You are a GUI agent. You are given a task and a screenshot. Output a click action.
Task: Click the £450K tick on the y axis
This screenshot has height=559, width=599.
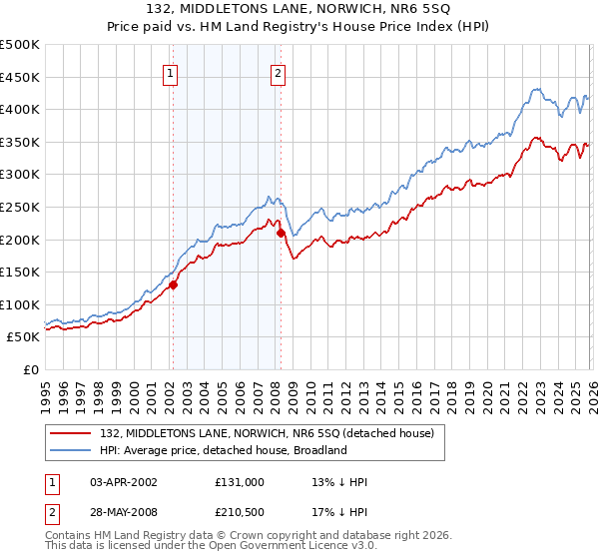pyautogui.click(x=20, y=77)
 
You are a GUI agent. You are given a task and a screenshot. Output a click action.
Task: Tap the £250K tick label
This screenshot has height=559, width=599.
pyautogui.click(x=20, y=207)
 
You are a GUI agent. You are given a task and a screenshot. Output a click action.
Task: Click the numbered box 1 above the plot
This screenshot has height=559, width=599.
pyautogui.click(x=171, y=73)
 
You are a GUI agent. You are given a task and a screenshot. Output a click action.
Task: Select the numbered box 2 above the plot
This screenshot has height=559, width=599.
pyautogui.click(x=278, y=73)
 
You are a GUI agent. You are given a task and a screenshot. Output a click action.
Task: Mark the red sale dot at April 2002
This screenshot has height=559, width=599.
pyautogui.click(x=173, y=284)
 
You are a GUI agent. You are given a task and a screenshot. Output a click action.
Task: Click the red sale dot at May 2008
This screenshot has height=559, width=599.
pyautogui.click(x=281, y=233)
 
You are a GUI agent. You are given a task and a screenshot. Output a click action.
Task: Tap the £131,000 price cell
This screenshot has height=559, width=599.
pyautogui.click(x=239, y=482)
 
